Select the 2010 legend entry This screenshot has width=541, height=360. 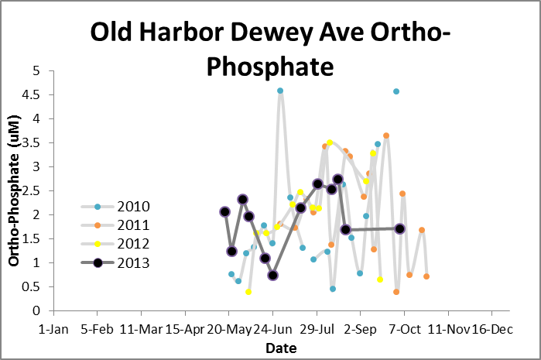[133, 207]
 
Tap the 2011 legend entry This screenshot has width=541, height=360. [133, 225]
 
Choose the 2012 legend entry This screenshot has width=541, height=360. [133, 244]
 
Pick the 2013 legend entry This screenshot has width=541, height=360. [133, 262]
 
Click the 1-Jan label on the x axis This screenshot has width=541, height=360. [53, 328]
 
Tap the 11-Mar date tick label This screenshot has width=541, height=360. [142, 328]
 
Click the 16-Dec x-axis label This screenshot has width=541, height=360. [491, 328]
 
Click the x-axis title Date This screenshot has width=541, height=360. [281, 348]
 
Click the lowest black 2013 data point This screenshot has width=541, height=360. [273, 275]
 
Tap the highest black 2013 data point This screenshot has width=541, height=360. [338, 179]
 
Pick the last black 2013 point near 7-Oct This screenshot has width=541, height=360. [400, 228]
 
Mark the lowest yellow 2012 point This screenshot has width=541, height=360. [248, 292]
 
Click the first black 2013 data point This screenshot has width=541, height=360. [224, 211]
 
